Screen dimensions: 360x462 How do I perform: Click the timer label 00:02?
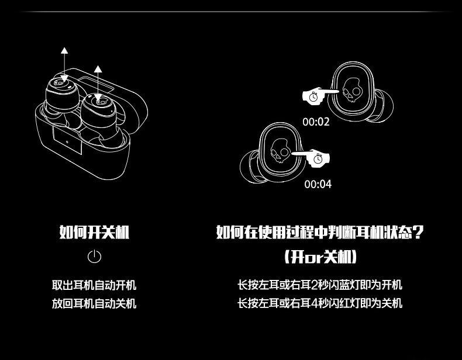pyautogui.click(x=316, y=122)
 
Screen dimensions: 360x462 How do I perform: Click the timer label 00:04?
pyautogui.click(x=318, y=185)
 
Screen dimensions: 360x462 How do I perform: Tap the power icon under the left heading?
pyautogui.click(x=94, y=257)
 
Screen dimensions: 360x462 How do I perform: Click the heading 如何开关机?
pyautogui.click(x=94, y=232)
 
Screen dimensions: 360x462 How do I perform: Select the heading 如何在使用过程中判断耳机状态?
pyautogui.click(x=319, y=232)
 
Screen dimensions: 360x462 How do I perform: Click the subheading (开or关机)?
pyautogui.click(x=320, y=257)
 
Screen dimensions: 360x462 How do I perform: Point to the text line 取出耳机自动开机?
pyautogui.click(x=94, y=285)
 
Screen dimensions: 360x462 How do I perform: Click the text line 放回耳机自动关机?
pyautogui.click(x=94, y=303)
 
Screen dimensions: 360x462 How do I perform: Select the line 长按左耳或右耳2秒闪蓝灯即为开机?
pyautogui.click(x=319, y=285)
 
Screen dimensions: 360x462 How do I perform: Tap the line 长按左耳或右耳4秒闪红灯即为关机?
pyautogui.click(x=319, y=303)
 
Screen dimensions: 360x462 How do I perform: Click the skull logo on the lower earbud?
pyautogui.click(x=280, y=153)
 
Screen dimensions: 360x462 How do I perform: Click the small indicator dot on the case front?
pyautogui.click(x=67, y=140)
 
